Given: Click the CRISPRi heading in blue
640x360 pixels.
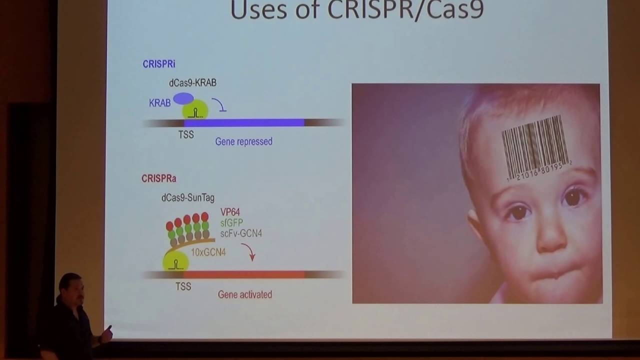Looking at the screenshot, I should [158, 64].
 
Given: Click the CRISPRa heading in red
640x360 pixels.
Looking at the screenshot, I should [158, 178].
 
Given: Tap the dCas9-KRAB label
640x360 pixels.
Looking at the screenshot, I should [192, 83].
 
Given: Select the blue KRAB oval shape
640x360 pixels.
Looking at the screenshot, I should [183, 98].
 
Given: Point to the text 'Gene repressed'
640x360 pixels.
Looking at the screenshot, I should [243, 141].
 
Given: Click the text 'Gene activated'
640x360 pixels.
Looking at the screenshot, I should [245, 294].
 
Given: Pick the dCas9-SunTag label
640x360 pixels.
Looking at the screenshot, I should [187, 198].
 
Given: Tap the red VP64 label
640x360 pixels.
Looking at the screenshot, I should [230, 212].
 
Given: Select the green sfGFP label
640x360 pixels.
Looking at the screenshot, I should [231, 222].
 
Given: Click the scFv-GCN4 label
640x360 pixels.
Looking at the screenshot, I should [241, 233].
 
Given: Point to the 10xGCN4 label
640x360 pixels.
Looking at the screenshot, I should [208, 252].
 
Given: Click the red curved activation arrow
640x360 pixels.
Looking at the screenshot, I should [249, 251].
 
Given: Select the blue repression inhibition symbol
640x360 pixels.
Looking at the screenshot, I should [218, 104].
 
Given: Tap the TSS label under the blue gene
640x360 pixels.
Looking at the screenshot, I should [185, 135].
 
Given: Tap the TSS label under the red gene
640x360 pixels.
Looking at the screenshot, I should [183, 286].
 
